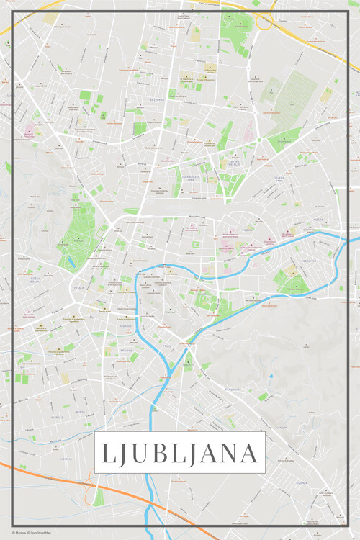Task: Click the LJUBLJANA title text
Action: point(179,453)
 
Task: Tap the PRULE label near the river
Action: point(165,346)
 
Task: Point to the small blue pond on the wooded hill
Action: point(271,376)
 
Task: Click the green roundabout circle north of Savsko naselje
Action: point(258,140)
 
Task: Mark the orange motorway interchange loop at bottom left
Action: point(91,492)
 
